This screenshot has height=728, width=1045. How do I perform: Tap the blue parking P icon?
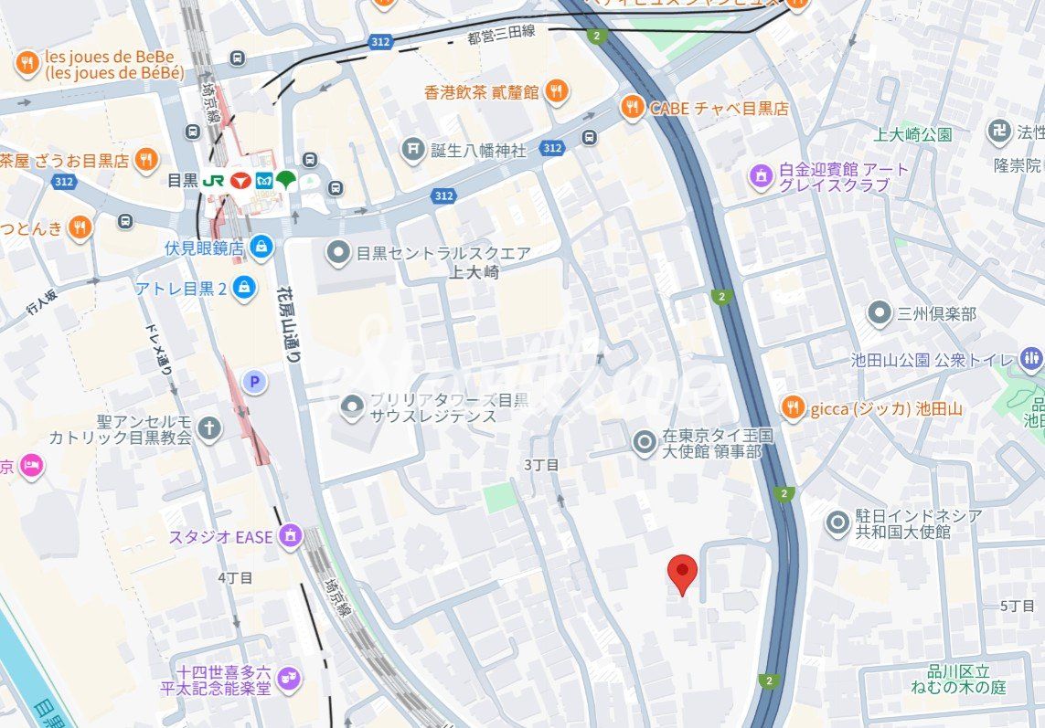[253, 382]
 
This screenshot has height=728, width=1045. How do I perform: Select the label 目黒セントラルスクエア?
[443, 252]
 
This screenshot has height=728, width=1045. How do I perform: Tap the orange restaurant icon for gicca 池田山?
[793, 408]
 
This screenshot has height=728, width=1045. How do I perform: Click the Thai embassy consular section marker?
[645, 444]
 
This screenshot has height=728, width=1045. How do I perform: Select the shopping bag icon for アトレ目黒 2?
[244, 288]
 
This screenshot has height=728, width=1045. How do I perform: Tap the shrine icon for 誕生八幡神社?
[414, 148]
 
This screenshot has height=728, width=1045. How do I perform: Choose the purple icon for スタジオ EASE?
[292, 535]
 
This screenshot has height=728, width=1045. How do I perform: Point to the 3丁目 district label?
[540, 464]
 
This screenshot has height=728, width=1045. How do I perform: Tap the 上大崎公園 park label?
[912, 134]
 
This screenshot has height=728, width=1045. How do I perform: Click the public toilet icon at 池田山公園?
[1032, 359]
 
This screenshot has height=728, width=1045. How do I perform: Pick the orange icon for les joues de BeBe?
[27, 63]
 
